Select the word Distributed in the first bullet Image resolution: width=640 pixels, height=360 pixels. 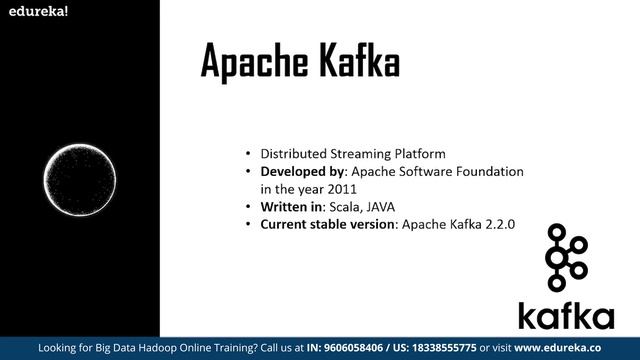tap(293, 154)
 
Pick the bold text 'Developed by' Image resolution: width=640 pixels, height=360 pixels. tap(301, 171)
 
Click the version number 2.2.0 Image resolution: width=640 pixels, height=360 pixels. tap(497, 224)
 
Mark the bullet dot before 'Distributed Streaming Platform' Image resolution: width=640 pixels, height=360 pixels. tap(248, 154)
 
